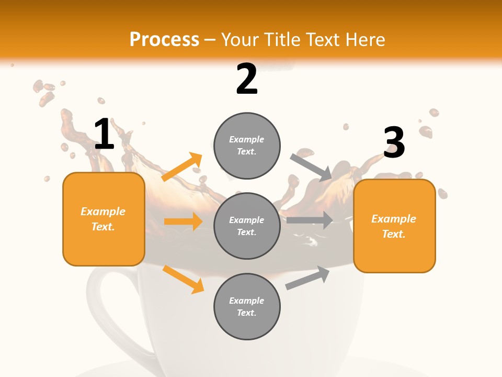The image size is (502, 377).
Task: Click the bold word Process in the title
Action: tap(164, 40)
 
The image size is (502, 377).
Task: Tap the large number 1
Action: tap(104, 134)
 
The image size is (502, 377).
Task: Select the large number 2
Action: tap(247, 79)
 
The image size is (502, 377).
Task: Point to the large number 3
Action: tap(394, 143)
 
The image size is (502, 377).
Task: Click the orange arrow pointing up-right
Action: tap(181, 167)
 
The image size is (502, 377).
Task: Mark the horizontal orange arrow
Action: tap(183, 221)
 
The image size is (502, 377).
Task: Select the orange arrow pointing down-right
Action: tap(183, 279)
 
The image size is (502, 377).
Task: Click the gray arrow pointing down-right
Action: tap(311, 167)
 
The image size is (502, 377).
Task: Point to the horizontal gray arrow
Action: tap(310, 220)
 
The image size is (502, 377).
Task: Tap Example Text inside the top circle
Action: tap(247, 146)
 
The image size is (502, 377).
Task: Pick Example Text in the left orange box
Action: tap(103, 219)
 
